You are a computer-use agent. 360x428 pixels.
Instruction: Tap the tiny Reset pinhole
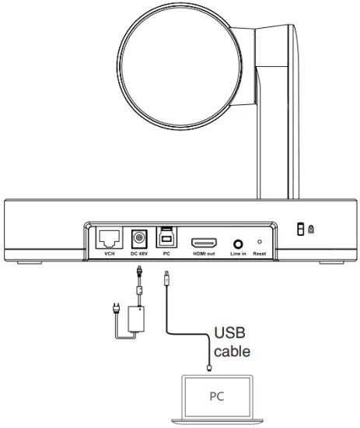(x=259, y=242)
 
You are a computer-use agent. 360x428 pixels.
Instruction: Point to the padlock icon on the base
(x=311, y=229)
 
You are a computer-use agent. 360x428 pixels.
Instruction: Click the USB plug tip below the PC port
(x=166, y=276)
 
